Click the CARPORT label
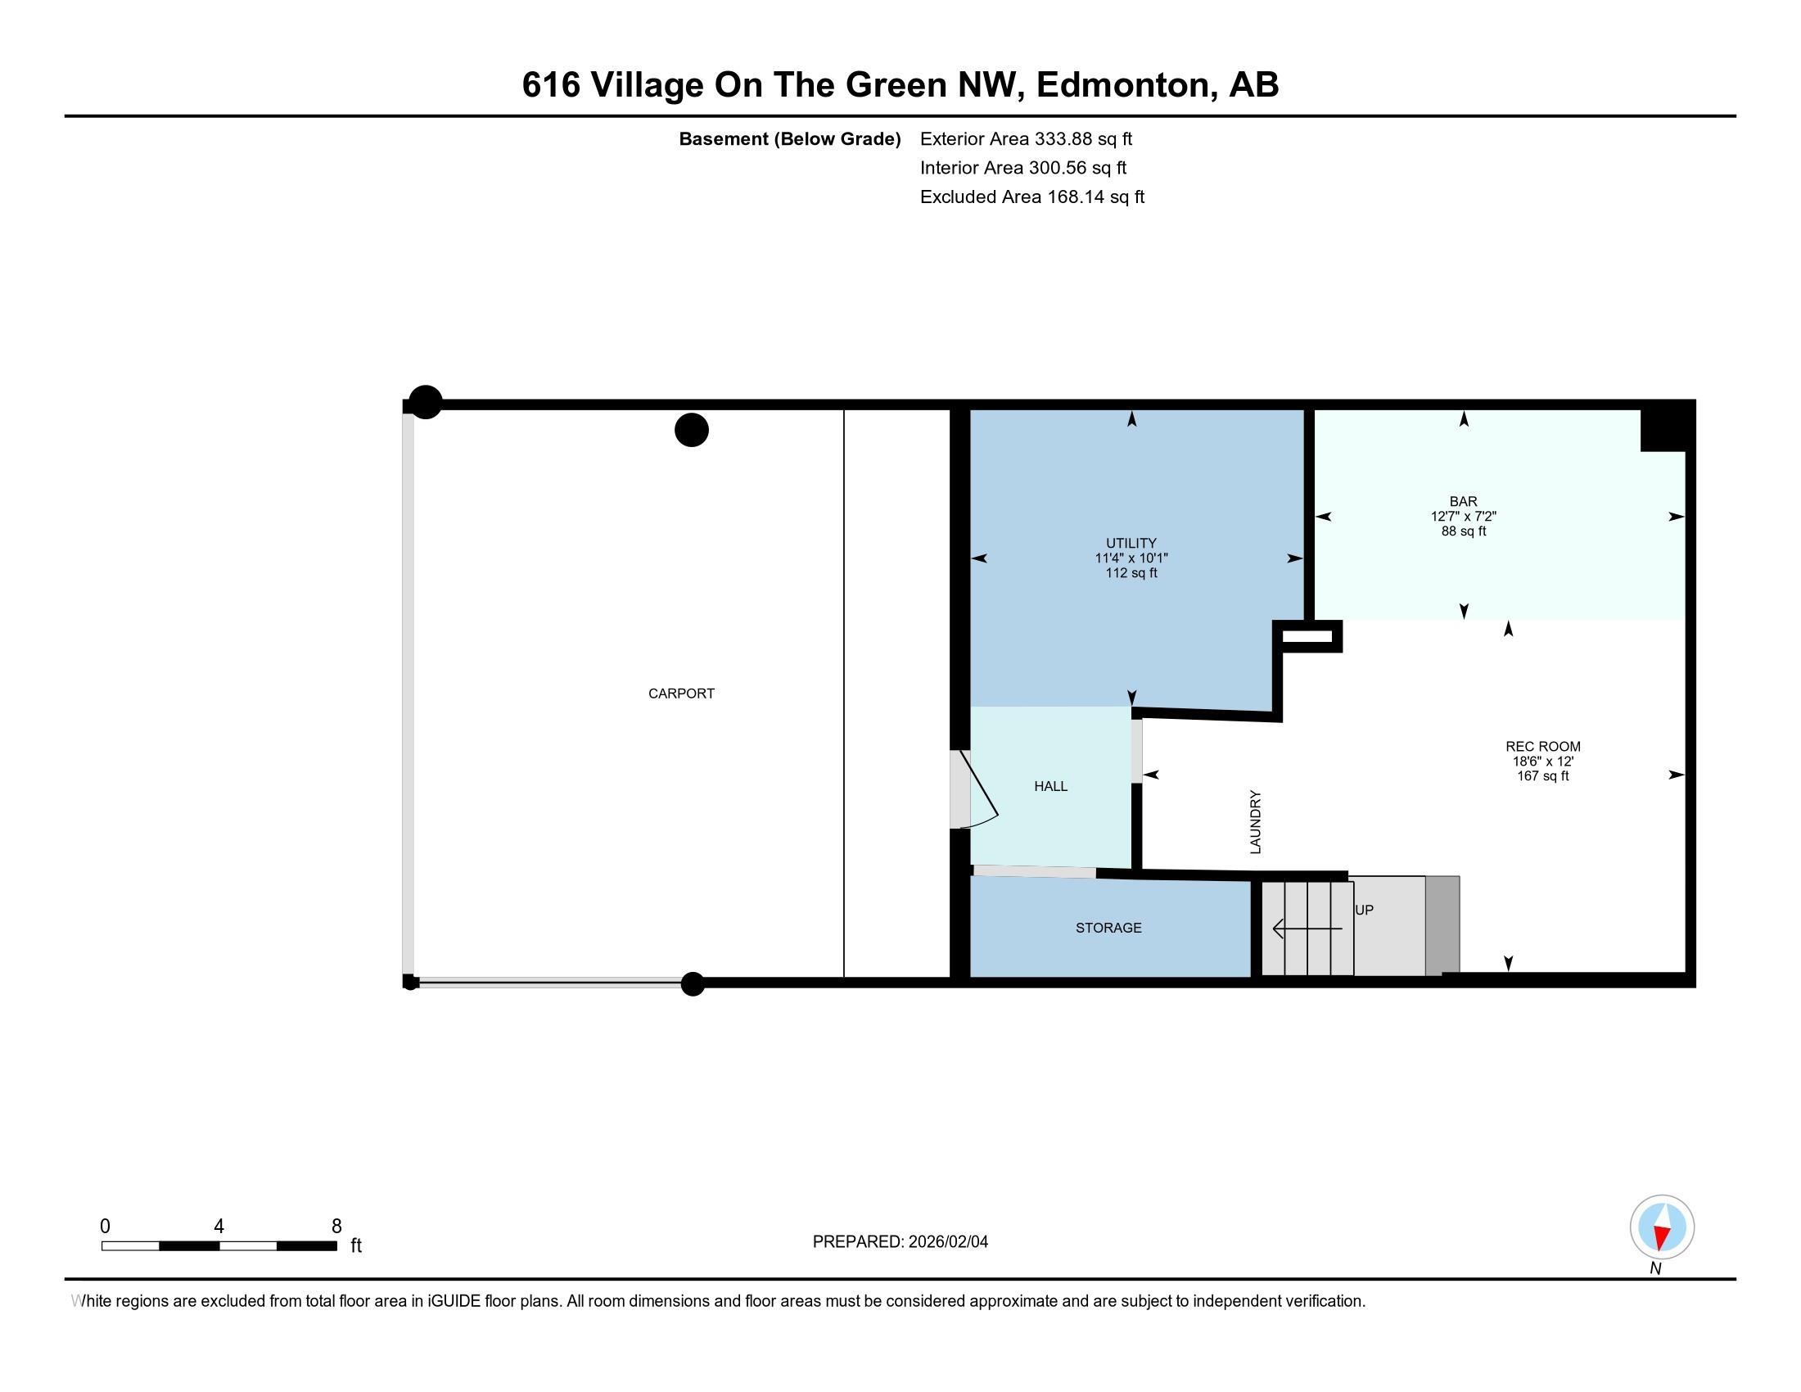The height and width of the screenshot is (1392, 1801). (x=681, y=694)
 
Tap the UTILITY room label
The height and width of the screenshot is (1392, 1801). (x=1131, y=543)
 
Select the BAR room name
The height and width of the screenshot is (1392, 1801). (x=1464, y=501)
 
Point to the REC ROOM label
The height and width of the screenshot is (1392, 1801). (x=1543, y=746)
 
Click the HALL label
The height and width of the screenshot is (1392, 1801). (x=1050, y=787)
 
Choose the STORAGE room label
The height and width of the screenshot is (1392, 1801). (x=1108, y=928)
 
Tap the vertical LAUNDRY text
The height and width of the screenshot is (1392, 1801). (x=1256, y=822)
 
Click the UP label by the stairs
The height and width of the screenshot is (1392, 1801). (x=1364, y=910)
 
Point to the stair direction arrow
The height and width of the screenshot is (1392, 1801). (x=1308, y=929)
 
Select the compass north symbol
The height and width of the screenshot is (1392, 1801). (x=1662, y=1227)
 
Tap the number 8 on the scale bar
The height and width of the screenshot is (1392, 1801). (x=336, y=1227)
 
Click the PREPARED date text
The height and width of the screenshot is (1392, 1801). (x=900, y=1242)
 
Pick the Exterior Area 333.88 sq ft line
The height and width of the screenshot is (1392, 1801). (x=1027, y=138)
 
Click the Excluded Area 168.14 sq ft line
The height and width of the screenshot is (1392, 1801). (x=1032, y=197)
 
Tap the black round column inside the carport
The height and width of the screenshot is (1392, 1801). (x=692, y=430)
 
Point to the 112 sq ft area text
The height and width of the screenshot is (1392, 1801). (x=1131, y=573)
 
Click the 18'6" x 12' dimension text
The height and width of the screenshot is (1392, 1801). (x=1543, y=762)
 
